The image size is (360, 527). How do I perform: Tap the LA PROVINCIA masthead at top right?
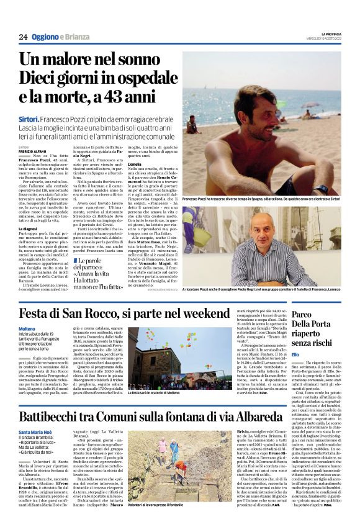[326, 34]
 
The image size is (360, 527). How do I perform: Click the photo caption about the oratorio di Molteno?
[159, 393]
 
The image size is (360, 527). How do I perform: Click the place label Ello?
[295, 353]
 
